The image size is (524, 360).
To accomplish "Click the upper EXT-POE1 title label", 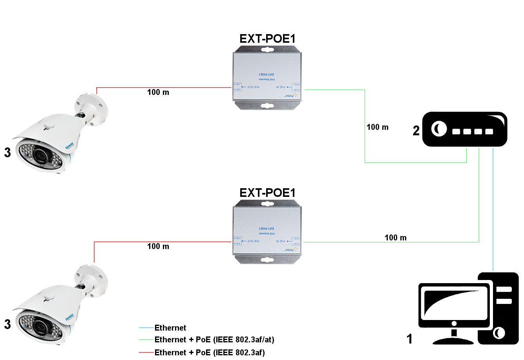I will pos(267,39).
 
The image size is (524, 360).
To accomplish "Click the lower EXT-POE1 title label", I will pos(267,193).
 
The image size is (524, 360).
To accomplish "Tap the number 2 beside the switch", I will pos(416,131).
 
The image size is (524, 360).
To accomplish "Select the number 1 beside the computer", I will pos(409,339).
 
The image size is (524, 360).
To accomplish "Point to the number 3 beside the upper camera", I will pos(7,153).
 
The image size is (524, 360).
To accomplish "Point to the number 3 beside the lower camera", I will pos(7,325).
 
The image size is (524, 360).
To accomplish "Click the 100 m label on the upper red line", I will pos(158,93).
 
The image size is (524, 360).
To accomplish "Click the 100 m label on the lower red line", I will pos(158,247).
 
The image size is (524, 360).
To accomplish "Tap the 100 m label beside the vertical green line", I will pos(377,127).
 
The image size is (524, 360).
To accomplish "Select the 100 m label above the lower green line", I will pos(396,238).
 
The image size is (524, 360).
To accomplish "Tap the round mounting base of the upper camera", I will pos(91,106).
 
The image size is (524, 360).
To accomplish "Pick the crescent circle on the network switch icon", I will pos(439,128).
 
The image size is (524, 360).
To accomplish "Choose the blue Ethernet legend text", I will pos(170,328).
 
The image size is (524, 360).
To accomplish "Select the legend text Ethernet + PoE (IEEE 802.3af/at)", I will pos(214,340).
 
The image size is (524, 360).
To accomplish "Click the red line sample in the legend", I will pos(146,353).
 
